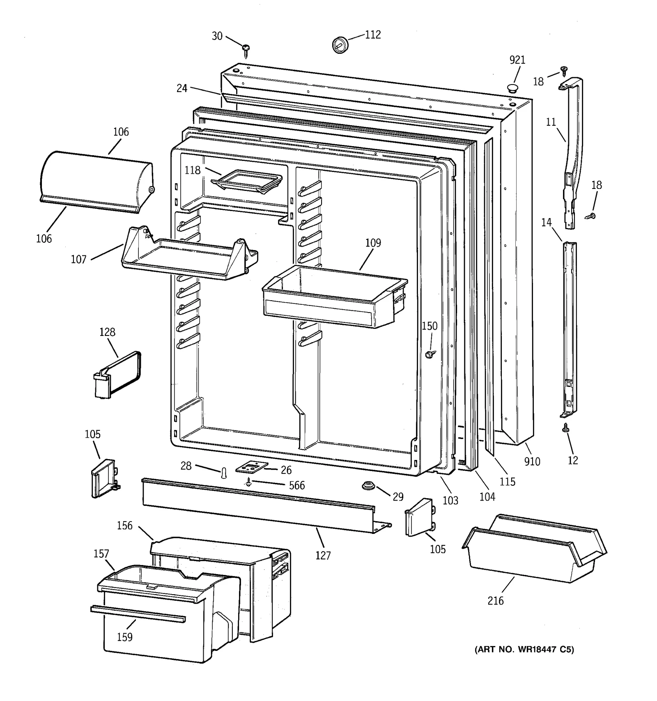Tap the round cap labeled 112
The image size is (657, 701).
(340, 44)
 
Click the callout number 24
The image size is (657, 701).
(182, 88)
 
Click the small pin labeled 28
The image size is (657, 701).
(224, 473)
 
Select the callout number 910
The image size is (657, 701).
(532, 462)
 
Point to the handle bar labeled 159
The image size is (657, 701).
(138, 613)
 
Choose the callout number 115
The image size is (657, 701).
(508, 481)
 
